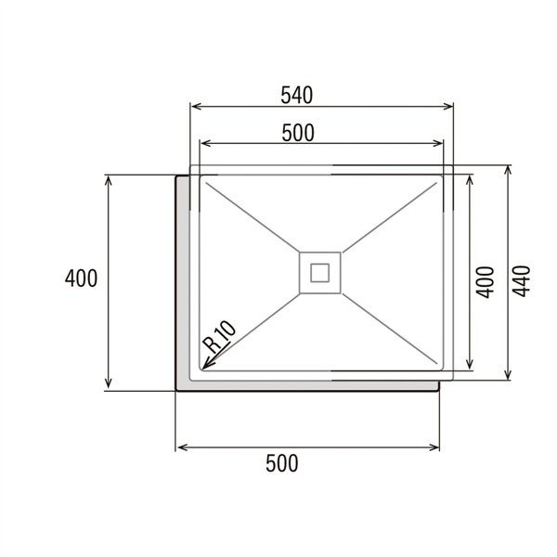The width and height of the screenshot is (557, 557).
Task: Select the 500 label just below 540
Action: coord(297,133)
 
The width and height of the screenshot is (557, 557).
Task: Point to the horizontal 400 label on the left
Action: coord(82,278)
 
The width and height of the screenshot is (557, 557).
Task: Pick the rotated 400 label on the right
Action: coord(484,279)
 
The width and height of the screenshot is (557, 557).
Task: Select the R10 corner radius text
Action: coord(223,335)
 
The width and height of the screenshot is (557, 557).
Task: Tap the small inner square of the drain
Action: coord(320,272)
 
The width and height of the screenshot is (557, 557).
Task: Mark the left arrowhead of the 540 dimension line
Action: coord(194,108)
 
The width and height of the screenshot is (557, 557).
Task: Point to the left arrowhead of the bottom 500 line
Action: coord(180,447)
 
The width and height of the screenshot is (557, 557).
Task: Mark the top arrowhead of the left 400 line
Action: coord(109,179)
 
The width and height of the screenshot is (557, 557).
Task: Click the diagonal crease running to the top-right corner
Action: coord(390,216)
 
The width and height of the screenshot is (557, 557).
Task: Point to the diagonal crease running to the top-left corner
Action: coord(251,216)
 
